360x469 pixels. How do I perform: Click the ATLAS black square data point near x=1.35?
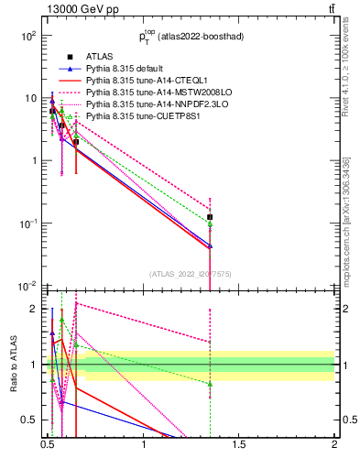click(x=211, y=217)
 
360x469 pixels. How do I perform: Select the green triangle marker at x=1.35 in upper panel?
click(x=211, y=224)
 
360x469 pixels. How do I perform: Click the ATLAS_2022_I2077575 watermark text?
click(x=191, y=274)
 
